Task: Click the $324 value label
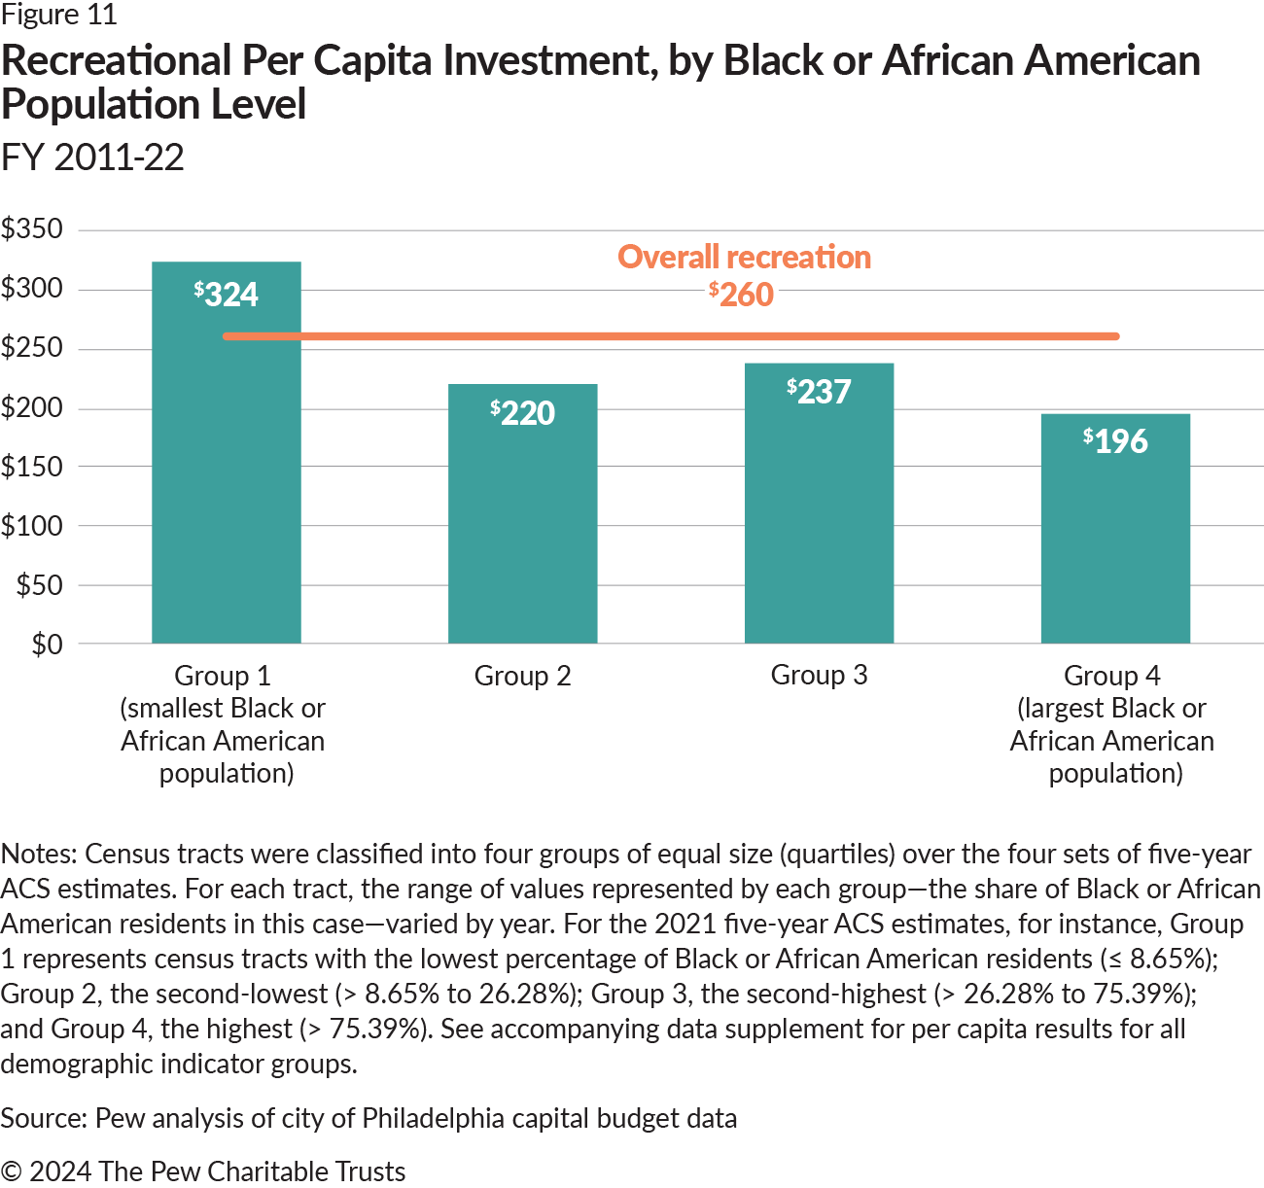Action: (x=227, y=294)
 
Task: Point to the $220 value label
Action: (x=523, y=412)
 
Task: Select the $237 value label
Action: (x=820, y=391)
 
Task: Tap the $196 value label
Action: (x=1116, y=440)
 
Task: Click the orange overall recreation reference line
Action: (x=671, y=336)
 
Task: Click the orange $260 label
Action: (x=742, y=294)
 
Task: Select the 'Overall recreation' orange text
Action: (x=744, y=257)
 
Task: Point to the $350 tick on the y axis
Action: (x=32, y=229)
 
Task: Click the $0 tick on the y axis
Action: (x=47, y=645)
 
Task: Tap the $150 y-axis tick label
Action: (x=32, y=467)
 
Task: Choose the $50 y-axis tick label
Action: (x=39, y=585)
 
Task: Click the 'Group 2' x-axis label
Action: (x=522, y=676)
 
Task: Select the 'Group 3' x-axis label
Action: (x=819, y=675)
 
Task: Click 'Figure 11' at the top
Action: (x=59, y=15)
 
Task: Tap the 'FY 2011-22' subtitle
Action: (x=92, y=157)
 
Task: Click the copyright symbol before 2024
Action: (x=12, y=1171)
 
